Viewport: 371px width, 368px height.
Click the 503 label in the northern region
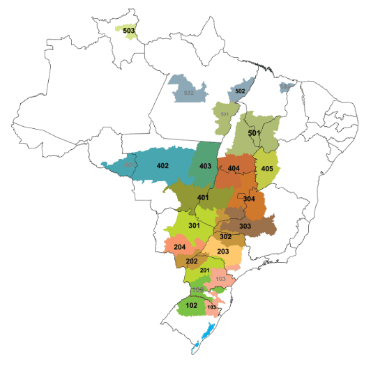click(x=129, y=31)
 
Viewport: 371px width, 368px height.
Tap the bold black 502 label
click(x=239, y=91)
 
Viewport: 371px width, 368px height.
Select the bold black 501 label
click(x=254, y=133)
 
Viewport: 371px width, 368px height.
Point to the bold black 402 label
click(x=163, y=166)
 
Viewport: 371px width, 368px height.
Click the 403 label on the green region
click(x=205, y=166)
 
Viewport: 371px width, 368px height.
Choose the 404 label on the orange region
click(x=234, y=169)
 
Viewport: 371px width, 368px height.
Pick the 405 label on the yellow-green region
click(x=267, y=169)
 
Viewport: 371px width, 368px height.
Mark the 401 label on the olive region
click(x=203, y=198)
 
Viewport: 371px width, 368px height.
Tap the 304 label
click(x=249, y=199)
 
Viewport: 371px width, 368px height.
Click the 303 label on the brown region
click(x=245, y=227)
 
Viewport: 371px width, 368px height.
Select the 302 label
click(x=225, y=237)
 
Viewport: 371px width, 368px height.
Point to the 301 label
click(x=194, y=226)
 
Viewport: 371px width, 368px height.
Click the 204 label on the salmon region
click(x=179, y=247)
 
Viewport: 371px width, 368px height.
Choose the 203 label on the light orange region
click(x=223, y=252)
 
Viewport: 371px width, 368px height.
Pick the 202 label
click(x=192, y=261)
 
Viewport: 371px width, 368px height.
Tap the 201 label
click(x=204, y=270)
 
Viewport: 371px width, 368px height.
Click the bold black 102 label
click(x=192, y=305)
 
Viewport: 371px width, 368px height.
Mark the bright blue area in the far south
click(x=207, y=336)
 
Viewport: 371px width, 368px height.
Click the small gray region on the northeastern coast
click(x=287, y=87)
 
